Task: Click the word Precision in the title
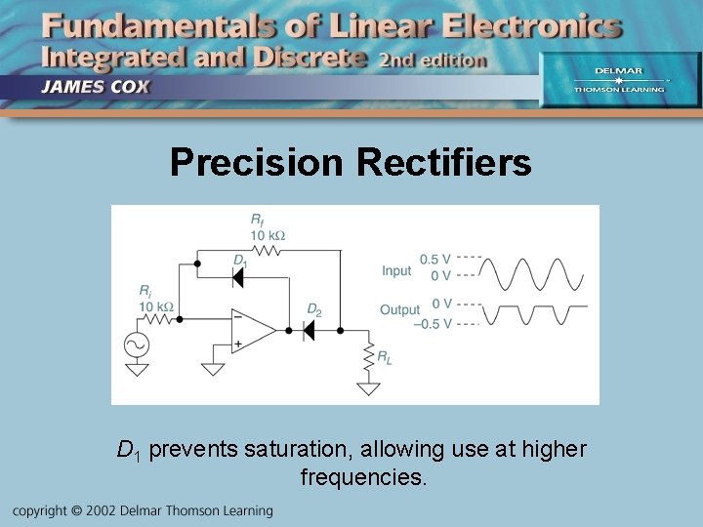coord(257,162)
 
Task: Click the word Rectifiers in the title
coord(444,162)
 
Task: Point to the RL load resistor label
coord(385,357)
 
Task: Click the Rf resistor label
coord(257,221)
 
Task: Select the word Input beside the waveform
coord(396,270)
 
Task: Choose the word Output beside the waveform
coord(399,310)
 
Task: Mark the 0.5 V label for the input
coord(435,259)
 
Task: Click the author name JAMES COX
coord(96,85)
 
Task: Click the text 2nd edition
coord(432,61)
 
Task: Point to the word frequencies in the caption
coord(363,478)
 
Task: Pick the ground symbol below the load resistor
coord(368,388)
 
